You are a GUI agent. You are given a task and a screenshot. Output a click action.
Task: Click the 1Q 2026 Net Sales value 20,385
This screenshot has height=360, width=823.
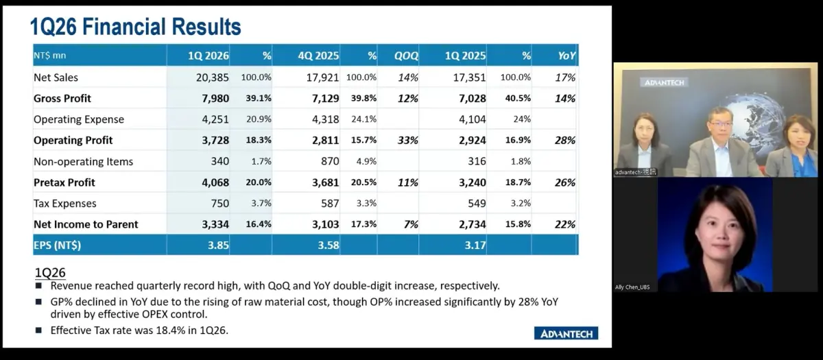212,77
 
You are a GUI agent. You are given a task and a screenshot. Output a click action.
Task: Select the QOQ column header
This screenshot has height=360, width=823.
406,56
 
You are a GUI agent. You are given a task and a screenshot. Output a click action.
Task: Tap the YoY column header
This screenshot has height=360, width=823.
566,56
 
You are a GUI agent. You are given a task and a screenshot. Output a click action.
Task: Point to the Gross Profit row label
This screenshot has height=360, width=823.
62,99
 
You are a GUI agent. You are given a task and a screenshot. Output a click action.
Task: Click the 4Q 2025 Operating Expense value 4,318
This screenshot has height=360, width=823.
326,119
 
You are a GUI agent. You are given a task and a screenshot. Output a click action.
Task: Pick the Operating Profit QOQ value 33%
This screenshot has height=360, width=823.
408,141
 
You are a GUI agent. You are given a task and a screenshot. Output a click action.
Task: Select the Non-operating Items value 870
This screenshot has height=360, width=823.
330,161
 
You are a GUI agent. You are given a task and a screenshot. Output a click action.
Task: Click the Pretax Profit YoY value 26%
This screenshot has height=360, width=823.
565,182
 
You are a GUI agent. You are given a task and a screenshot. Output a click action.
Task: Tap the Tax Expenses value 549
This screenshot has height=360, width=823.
477,203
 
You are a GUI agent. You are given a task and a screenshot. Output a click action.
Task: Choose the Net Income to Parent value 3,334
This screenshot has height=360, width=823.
215,224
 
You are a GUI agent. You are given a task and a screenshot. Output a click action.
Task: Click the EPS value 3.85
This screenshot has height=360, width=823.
218,245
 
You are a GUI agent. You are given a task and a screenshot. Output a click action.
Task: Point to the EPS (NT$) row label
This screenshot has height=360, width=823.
57,245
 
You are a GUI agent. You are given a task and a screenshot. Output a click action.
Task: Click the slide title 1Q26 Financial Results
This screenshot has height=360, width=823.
136,27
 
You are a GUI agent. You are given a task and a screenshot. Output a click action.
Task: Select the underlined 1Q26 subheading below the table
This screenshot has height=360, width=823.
50,273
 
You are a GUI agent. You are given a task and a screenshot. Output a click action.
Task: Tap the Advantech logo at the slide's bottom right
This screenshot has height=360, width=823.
566,333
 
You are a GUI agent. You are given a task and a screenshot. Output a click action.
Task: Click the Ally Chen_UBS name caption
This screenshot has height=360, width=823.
632,287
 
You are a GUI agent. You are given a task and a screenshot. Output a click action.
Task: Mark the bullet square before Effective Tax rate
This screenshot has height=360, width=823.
38,331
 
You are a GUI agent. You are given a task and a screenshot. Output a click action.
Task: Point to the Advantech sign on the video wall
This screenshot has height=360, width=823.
665,83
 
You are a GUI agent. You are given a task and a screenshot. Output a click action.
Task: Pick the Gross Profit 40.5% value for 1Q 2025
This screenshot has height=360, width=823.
518,99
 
